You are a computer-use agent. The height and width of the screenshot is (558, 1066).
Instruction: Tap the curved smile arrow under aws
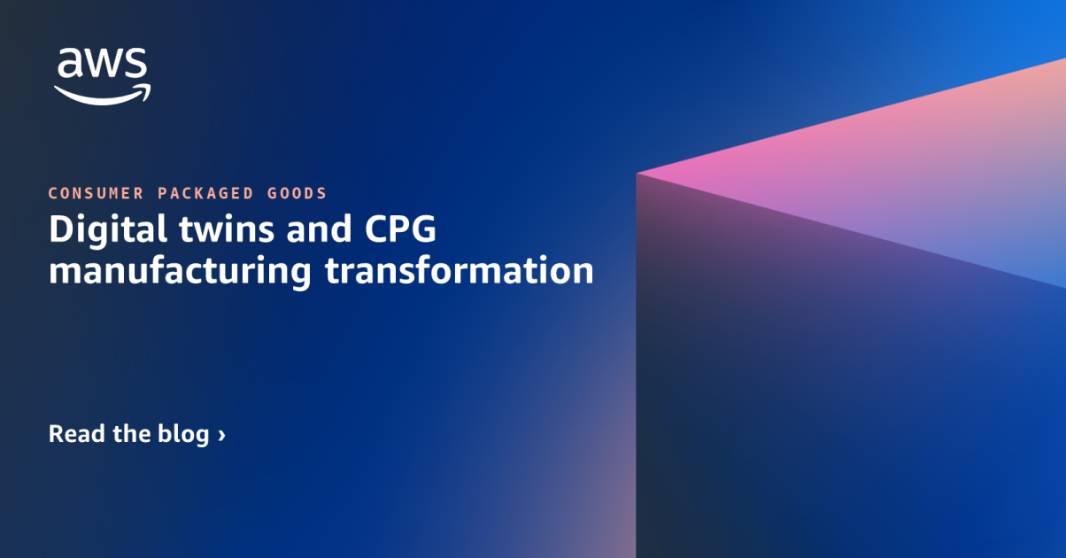101,94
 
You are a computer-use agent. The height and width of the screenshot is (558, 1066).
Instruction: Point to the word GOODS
297,193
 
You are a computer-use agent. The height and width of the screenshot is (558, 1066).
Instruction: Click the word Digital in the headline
102,230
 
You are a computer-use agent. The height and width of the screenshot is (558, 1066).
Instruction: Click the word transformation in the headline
459,270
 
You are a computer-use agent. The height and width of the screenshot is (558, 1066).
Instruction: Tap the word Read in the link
74,434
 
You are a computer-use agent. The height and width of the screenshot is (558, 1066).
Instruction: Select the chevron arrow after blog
221,436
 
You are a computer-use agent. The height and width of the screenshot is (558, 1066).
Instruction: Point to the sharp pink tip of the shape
639,173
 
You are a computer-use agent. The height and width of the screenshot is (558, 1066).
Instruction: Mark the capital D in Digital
61,230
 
